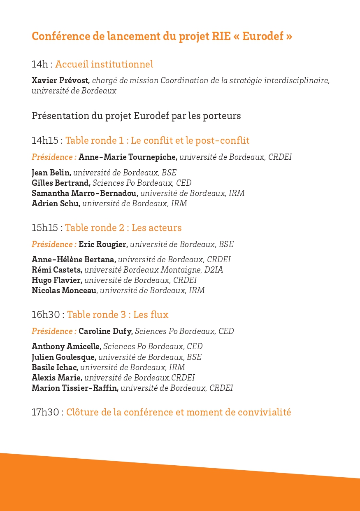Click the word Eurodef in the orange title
[263, 36]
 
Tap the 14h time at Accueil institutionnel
[39, 65]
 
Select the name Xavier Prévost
[60, 81]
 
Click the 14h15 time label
[45, 141]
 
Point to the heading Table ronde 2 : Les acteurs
[123, 228]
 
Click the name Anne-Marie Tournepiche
[128, 157]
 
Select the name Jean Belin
[51, 173]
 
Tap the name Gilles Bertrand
[61, 183]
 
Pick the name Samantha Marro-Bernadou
[85, 194]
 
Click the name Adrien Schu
[56, 204]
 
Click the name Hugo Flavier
[57, 280]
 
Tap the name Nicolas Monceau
[64, 291]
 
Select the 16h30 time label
[46, 315]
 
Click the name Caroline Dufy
[106, 331]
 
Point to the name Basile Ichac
[55, 367]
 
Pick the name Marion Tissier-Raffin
[75, 388]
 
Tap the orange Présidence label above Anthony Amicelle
[54, 331]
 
